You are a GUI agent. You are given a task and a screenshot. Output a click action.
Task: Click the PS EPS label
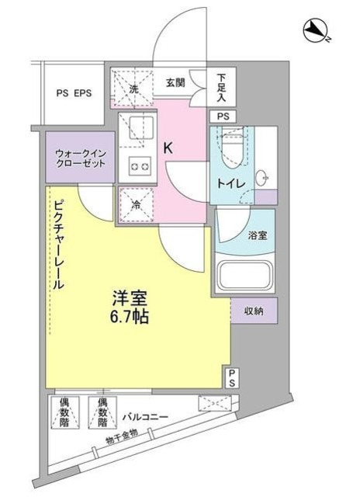74,94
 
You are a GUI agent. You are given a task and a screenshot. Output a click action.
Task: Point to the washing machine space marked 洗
133,89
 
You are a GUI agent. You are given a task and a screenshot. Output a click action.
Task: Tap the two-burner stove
138,165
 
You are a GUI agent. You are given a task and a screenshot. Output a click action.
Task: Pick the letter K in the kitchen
167,144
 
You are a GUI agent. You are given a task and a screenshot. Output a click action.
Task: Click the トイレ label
237,183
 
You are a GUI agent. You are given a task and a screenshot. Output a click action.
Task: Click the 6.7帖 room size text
129,317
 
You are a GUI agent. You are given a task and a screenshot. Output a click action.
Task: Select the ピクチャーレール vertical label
58,245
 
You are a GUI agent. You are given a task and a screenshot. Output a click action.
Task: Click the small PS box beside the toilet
223,116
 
